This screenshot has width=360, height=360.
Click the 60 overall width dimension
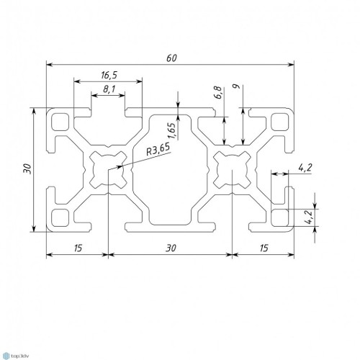point(171,58)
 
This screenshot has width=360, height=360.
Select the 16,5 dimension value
point(109,75)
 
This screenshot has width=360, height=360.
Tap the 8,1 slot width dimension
point(109,89)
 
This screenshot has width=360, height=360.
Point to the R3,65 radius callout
point(158,149)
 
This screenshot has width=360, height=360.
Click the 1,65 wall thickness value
point(172,131)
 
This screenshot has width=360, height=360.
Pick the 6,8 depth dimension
point(218,93)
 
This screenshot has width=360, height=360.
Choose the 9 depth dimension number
point(237,86)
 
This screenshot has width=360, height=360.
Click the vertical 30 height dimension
point(27,168)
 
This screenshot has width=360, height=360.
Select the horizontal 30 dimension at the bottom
point(171,248)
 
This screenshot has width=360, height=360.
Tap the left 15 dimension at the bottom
point(78,248)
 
